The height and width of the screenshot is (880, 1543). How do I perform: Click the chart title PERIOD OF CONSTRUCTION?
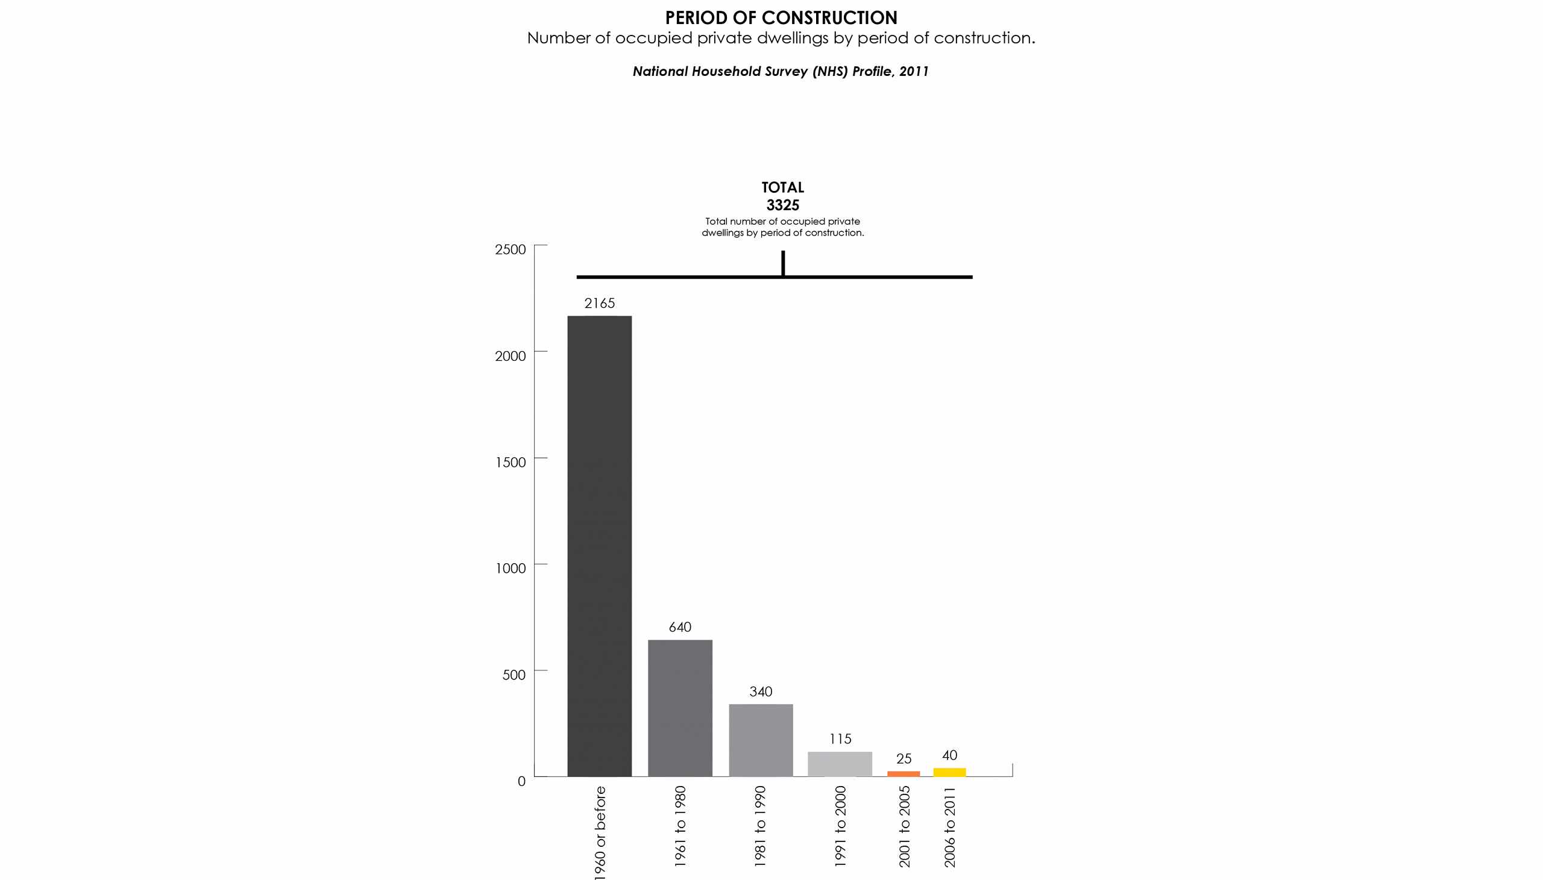781,18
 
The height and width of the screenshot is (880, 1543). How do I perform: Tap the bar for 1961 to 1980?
680,708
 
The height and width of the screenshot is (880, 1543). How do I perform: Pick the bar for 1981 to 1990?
761,740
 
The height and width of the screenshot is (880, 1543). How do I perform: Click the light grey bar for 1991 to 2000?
840,764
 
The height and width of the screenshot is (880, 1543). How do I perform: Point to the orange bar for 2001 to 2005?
903,773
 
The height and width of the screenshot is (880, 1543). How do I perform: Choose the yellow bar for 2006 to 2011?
949,772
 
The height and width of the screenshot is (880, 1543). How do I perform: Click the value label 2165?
599,304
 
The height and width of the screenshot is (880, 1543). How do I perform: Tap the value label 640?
680,628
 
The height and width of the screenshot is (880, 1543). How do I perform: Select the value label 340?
761,691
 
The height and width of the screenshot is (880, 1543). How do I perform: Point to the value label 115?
840,738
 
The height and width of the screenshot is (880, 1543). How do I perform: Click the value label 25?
903,758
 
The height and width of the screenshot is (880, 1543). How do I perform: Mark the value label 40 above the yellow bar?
949,755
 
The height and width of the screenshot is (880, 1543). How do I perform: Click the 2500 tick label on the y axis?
511,249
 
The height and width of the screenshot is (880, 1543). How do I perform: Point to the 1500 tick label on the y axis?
511,463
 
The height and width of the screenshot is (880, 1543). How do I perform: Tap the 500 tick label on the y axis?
514,675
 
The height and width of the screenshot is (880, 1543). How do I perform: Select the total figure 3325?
782,205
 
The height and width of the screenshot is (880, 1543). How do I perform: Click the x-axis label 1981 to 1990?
760,826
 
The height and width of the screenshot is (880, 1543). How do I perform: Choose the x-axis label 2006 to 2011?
950,826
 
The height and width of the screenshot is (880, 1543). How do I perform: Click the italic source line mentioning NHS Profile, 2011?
780,71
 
